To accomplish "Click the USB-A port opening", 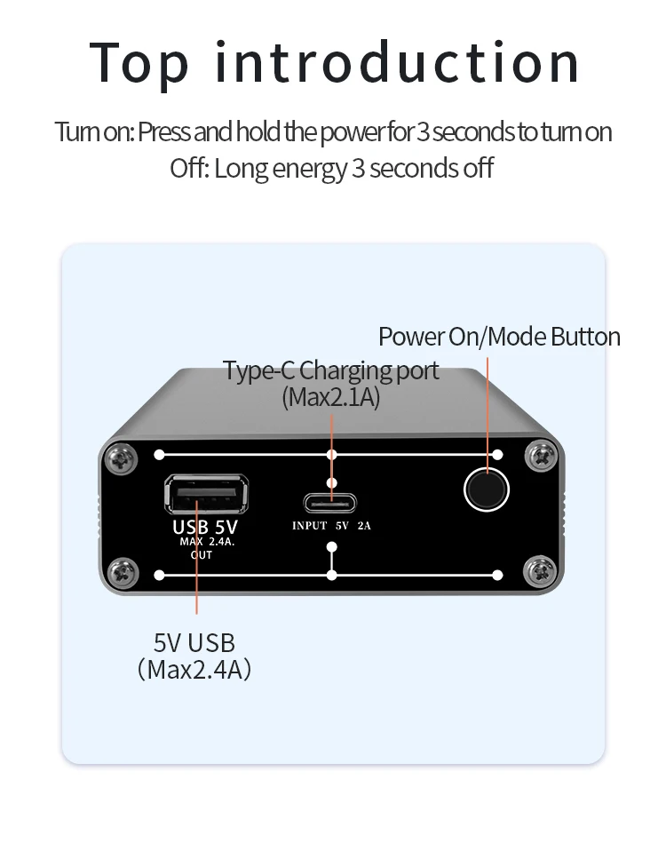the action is (206, 493).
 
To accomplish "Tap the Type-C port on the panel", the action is (330, 503).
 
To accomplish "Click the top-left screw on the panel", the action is (121, 458).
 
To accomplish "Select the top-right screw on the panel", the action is (541, 457).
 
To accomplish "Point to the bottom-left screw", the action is (122, 573).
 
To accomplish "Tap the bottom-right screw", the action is (539, 572).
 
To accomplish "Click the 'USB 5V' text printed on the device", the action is (205, 527).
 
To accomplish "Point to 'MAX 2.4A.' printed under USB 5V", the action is (207, 542).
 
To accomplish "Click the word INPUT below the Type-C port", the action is (310, 526).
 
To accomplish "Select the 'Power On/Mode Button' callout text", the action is (499, 337).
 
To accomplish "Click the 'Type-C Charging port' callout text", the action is (330, 371).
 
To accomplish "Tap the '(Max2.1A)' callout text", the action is (330, 398).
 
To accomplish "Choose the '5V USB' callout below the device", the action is (194, 643).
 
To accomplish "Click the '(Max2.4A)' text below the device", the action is (194, 670).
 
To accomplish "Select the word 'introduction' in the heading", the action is (397, 62).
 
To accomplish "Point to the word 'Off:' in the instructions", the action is (189, 168).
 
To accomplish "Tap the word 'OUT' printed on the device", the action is (202, 554).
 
